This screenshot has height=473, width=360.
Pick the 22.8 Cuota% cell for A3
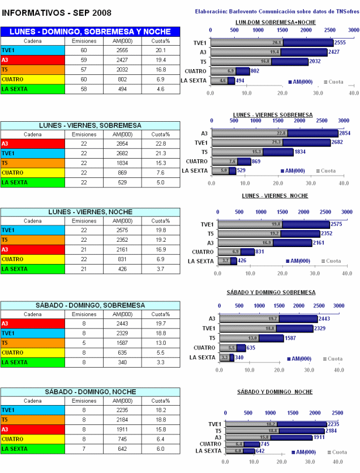[159, 143]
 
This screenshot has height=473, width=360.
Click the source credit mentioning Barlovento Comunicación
[275, 11]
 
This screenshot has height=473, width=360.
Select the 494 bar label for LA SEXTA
[239, 81]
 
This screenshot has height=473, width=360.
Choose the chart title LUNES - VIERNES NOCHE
[275, 196]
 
